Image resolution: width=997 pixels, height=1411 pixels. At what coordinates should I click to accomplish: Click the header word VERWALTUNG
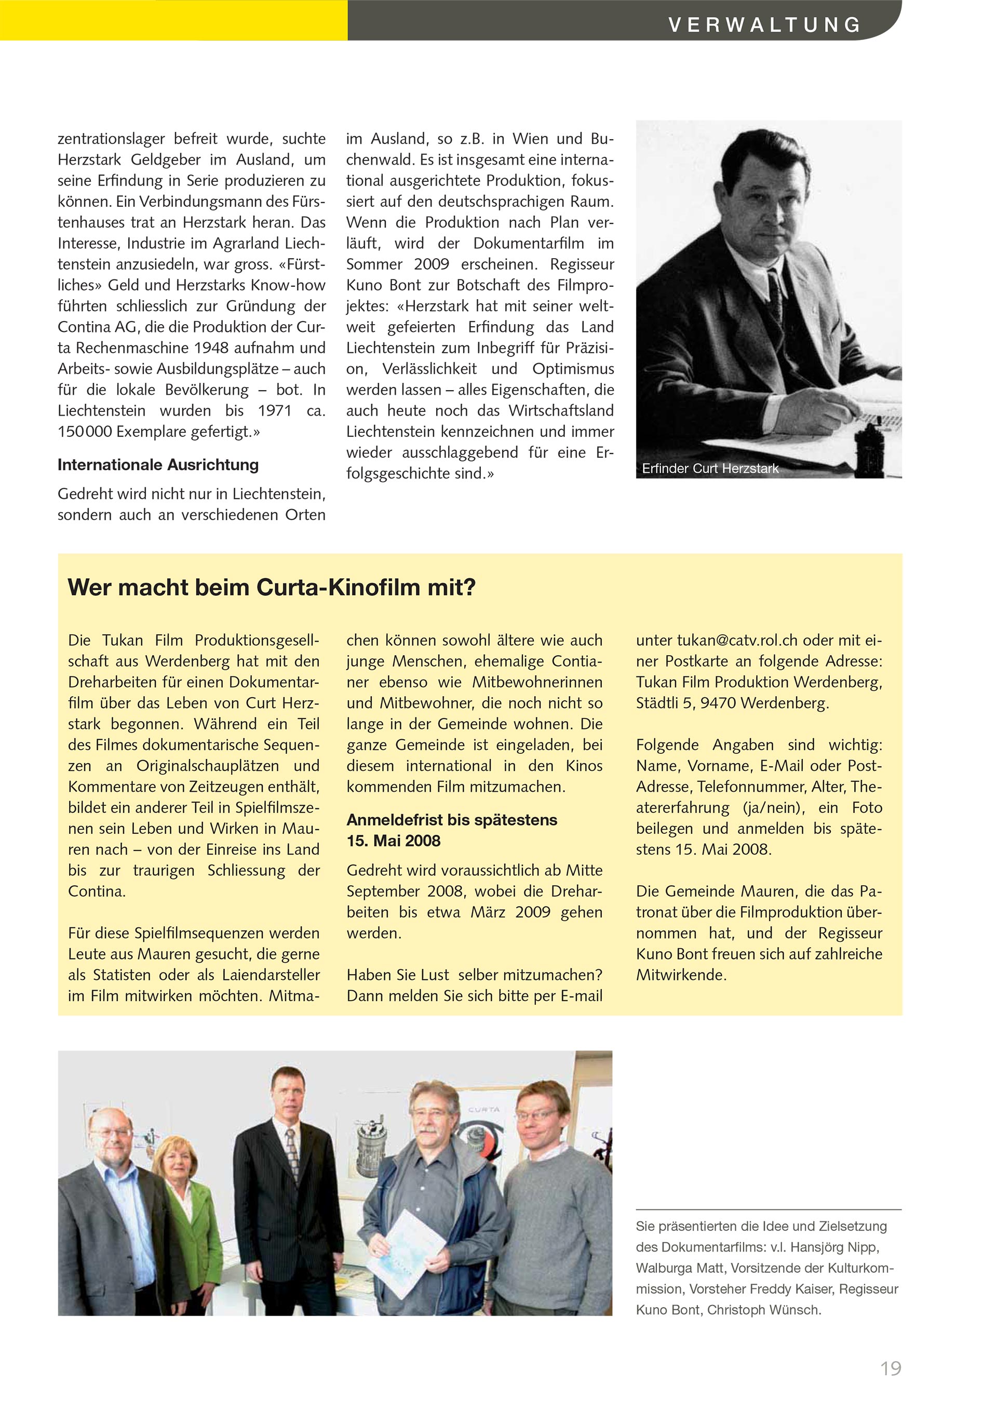pos(764,25)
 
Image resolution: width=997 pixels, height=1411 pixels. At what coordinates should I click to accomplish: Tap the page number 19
pos(890,1368)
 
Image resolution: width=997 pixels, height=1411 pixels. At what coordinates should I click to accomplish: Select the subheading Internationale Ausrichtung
pos(158,464)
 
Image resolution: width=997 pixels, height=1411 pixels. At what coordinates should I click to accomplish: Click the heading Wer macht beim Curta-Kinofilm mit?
pos(272,588)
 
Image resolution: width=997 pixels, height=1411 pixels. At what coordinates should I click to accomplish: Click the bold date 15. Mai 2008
pos(393,841)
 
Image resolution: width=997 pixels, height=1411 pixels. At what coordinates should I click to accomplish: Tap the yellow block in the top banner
pos(173,20)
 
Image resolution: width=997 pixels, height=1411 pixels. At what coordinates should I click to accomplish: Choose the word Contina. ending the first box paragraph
pos(97,891)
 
